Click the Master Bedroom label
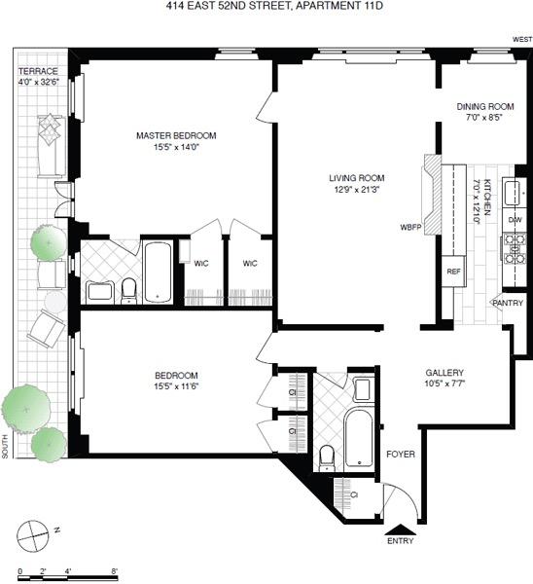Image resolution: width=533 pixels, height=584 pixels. tap(176, 135)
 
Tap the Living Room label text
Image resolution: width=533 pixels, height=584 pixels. tap(356, 178)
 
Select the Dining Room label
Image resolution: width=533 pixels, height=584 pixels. tap(485, 106)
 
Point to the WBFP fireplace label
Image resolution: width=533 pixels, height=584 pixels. tap(410, 227)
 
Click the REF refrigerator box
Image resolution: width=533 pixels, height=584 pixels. tap(453, 272)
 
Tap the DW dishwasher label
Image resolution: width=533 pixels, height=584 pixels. tap(515, 220)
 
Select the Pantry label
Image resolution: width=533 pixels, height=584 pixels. tap(508, 303)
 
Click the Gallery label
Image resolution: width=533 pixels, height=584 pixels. tap(444, 373)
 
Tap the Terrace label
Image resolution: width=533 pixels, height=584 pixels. tap(38, 72)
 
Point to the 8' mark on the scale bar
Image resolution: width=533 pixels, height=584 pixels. tap(115, 571)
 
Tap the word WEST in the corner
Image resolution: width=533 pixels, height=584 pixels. tap(521, 40)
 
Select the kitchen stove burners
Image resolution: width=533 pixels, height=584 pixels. tap(515, 249)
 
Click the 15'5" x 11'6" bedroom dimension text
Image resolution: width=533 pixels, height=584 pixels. tap(176, 387)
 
